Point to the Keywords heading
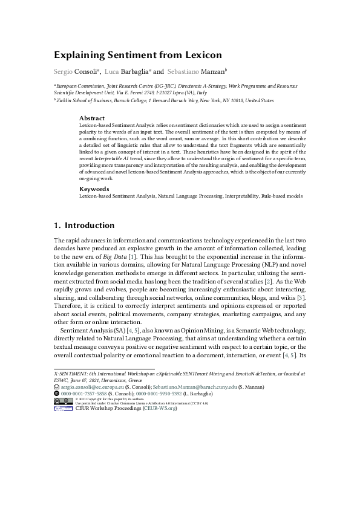(94, 189)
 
